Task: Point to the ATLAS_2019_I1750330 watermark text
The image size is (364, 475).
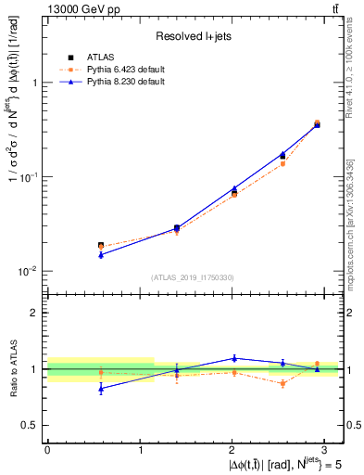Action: (194, 277)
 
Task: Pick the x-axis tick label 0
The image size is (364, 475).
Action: (47, 449)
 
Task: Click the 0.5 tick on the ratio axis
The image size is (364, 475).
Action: (31, 425)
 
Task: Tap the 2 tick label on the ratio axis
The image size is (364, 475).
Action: (35, 313)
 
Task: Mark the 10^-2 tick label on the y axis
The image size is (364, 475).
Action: (27, 271)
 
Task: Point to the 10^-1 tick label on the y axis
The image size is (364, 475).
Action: (27, 176)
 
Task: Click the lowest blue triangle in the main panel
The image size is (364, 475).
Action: (100, 254)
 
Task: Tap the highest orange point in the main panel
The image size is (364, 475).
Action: (317, 122)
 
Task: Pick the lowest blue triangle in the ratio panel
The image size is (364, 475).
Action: (100, 389)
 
